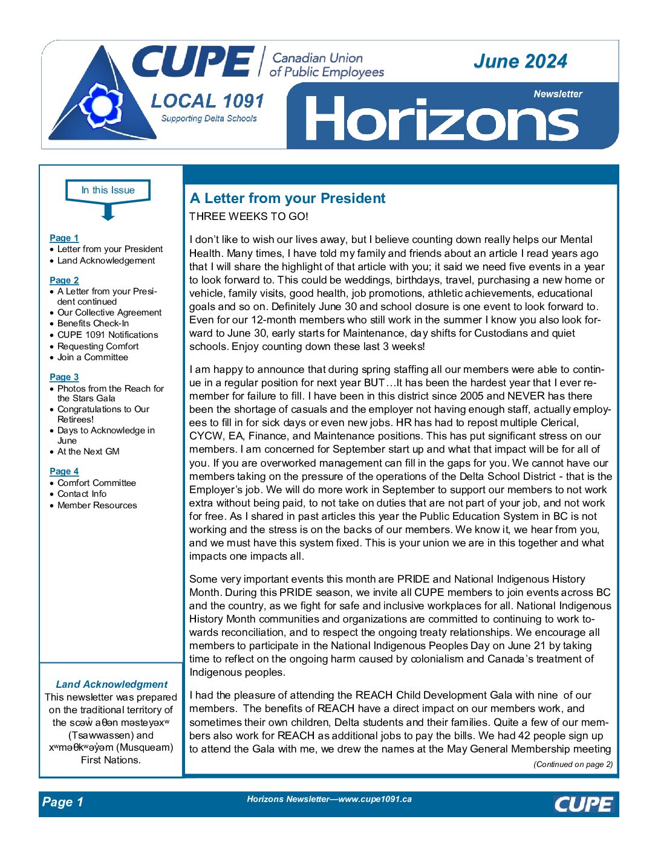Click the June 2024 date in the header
click(520, 61)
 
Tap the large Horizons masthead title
click(441, 119)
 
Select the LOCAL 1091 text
click(207, 101)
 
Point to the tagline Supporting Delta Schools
click(209, 118)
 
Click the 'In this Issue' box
click(108, 190)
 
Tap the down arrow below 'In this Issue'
click(108, 212)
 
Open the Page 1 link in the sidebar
click(64, 238)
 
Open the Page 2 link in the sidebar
click(64, 280)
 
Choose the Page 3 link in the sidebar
click(64, 377)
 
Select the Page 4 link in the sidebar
click(64, 471)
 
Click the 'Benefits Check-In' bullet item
click(93, 323)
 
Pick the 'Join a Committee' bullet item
click(93, 357)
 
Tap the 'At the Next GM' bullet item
click(88, 451)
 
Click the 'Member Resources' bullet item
click(97, 505)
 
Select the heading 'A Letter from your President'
click(287, 198)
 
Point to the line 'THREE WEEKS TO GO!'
click(249, 216)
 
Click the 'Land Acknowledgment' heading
click(111, 684)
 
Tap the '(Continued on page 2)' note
click(573, 765)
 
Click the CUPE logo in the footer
click(583, 804)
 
